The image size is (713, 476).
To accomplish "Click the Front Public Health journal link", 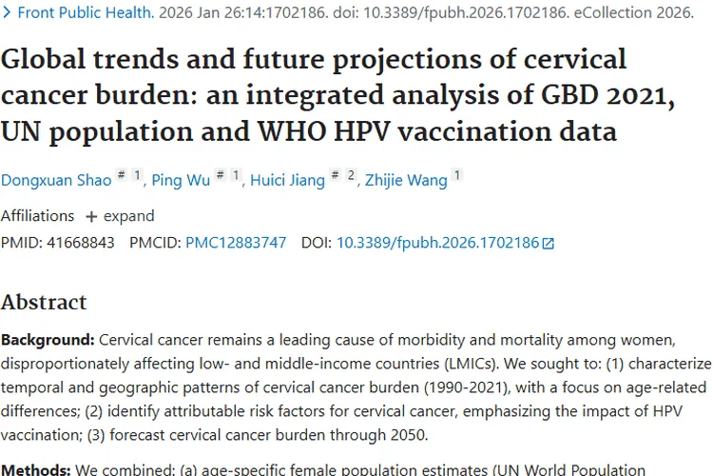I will pyautogui.click(x=86, y=13).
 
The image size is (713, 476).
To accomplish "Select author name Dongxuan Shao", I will pyautogui.click(x=54, y=180).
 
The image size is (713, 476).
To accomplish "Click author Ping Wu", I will pyautogui.click(x=181, y=180).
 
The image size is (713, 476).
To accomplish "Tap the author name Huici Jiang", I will pyautogui.click(x=286, y=180).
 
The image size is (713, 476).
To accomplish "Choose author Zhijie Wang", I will pyautogui.click(x=407, y=180).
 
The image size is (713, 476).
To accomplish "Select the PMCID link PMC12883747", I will pyautogui.click(x=236, y=243).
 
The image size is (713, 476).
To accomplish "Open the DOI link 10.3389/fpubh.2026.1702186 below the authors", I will pyautogui.click(x=437, y=243).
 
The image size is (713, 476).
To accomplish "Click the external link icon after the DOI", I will pyautogui.click(x=548, y=244).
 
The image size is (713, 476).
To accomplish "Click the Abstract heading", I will pyautogui.click(x=44, y=302).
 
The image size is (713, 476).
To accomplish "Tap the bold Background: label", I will pyautogui.click(x=48, y=340).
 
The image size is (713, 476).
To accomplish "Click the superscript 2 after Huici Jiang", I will pyautogui.click(x=352, y=175).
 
